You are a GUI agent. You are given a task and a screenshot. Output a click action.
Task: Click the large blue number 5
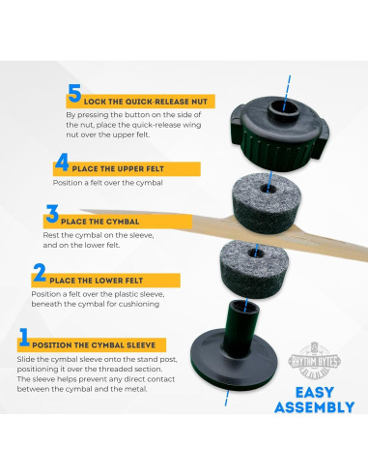(74, 94)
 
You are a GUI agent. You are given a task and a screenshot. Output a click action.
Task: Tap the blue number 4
(62, 162)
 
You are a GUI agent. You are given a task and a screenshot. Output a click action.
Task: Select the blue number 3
(52, 214)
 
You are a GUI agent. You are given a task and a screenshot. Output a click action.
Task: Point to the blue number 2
(40, 273)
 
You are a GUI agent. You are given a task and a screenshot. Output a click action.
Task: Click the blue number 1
(24, 337)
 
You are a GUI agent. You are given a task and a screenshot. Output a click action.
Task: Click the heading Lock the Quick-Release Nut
(146, 102)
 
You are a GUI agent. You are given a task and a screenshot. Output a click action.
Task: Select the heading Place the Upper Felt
(118, 169)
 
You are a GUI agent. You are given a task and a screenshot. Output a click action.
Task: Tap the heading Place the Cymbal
(99, 222)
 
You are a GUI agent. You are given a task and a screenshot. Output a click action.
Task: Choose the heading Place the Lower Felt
(96, 281)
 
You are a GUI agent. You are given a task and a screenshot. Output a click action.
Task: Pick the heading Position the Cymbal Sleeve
(94, 345)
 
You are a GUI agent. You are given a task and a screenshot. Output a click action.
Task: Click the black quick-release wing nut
(279, 133)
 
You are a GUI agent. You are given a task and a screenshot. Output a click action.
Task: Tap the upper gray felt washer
(267, 203)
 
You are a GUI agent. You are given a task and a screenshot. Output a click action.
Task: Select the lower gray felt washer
(254, 269)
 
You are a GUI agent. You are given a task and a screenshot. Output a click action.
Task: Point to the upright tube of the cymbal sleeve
(241, 327)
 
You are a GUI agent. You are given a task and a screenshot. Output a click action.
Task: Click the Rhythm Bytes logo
(315, 361)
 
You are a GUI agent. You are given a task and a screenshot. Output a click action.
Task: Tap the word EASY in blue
(315, 393)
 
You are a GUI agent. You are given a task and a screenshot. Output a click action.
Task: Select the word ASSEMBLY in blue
(315, 407)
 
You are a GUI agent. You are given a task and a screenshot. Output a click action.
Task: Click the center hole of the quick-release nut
(284, 107)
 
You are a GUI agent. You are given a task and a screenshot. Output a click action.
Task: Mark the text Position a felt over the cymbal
(108, 183)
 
